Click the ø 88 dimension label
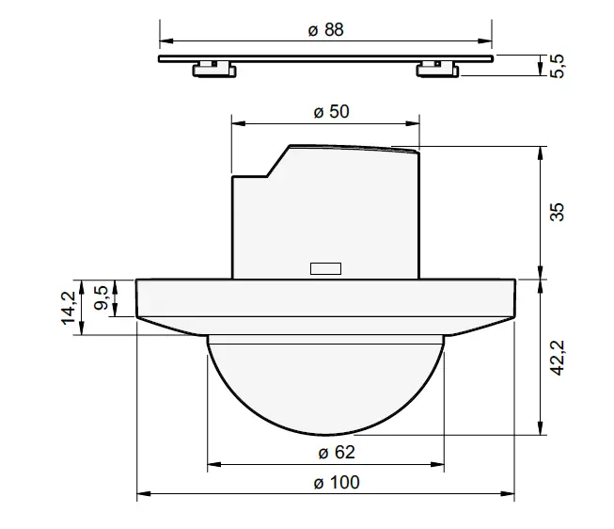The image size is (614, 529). coord(325,29)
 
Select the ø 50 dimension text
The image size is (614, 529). coord(325,111)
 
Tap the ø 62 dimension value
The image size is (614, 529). coord(325,452)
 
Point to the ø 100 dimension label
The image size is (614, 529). coord(325,483)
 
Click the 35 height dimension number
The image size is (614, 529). coord(558,213)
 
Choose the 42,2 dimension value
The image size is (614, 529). coord(558,358)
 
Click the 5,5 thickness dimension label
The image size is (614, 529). coord(558,66)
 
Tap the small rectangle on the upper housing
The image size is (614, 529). coord(325,268)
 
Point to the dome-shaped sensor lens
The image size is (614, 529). coord(325,386)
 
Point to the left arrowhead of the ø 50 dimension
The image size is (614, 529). coord(238,123)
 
